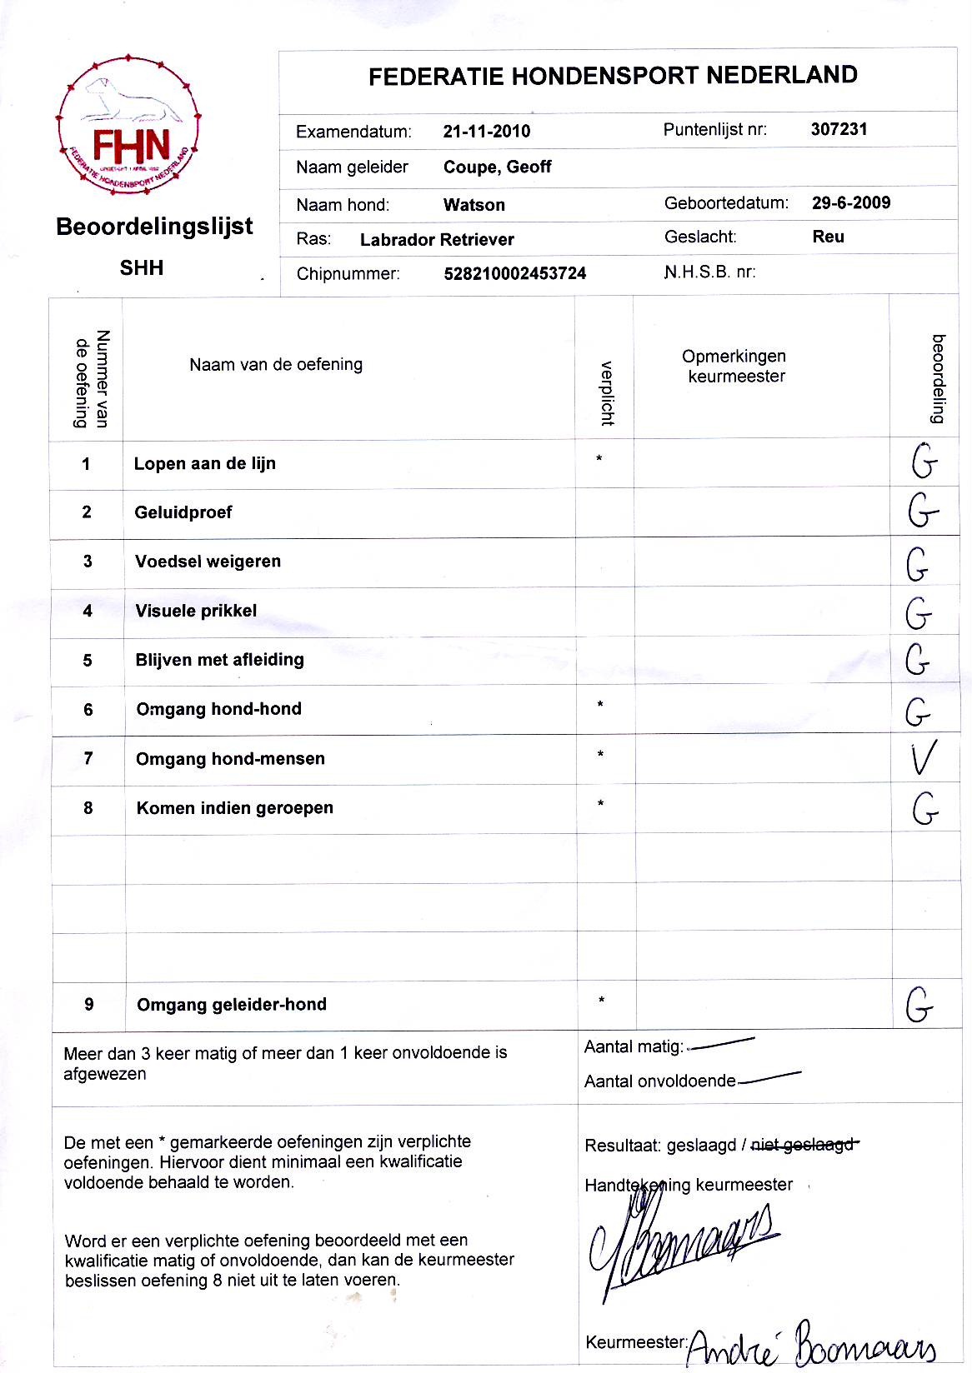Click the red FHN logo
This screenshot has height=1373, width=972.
[x=128, y=127]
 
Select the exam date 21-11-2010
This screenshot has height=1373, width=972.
[x=487, y=131]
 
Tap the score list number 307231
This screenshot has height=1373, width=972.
[x=839, y=129]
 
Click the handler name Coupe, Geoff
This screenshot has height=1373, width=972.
[x=497, y=167]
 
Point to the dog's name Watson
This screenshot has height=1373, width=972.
[x=473, y=205]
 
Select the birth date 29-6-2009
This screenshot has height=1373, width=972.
[x=850, y=202]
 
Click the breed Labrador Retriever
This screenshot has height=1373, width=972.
[x=437, y=240]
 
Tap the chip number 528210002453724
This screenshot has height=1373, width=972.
[x=514, y=273]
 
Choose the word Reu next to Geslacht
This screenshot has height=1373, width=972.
[x=828, y=237]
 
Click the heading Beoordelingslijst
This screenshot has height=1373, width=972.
[x=154, y=227]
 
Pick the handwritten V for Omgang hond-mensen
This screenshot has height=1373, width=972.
[x=923, y=758]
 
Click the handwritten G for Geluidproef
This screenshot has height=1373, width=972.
[x=922, y=512]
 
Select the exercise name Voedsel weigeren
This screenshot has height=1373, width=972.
[x=208, y=562]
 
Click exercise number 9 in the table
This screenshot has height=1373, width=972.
[x=89, y=1005]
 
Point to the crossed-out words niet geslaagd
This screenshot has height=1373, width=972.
[x=803, y=1145]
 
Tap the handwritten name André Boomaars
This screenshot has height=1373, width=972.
[x=810, y=1343]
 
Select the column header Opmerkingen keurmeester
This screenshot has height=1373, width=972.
[x=734, y=366]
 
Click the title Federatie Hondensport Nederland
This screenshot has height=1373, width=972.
[x=613, y=76]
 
